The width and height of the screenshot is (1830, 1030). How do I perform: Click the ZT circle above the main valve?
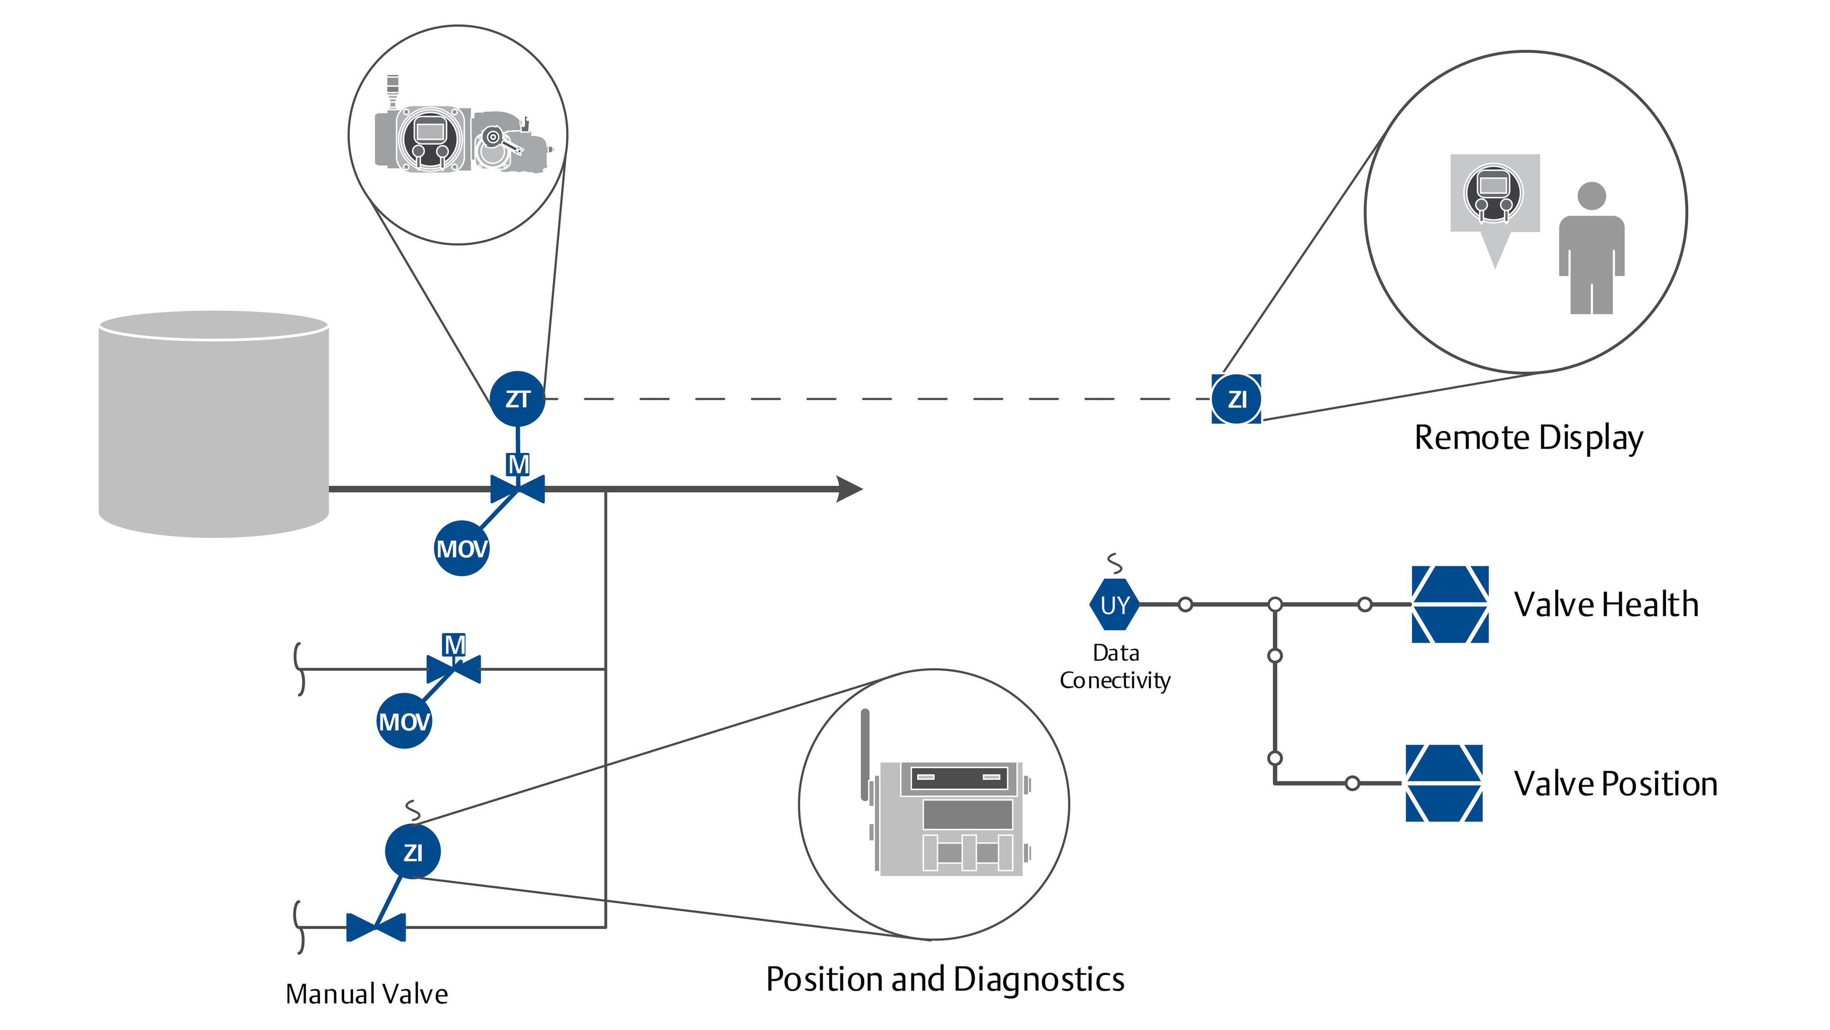click(x=517, y=399)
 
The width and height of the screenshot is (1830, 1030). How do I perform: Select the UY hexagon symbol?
click(x=1114, y=605)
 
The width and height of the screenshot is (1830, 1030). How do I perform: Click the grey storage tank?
click(x=213, y=427)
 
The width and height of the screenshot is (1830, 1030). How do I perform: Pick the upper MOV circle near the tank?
click(x=462, y=548)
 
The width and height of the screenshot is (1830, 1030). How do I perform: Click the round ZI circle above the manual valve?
click(x=413, y=851)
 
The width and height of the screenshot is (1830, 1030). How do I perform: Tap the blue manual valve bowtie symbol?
click(x=376, y=927)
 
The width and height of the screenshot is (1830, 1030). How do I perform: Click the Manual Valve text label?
click(x=366, y=994)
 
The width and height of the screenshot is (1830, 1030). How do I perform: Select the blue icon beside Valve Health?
click(x=1449, y=604)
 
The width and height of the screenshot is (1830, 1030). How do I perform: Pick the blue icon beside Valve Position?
click(x=1443, y=783)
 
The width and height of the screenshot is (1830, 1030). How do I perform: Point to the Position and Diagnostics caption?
click(x=945, y=980)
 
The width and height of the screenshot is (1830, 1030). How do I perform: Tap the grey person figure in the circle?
click(x=1591, y=249)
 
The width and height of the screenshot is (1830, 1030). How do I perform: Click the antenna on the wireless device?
click(x=865, y=754)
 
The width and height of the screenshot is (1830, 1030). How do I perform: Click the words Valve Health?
click(x=1606, y=605)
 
